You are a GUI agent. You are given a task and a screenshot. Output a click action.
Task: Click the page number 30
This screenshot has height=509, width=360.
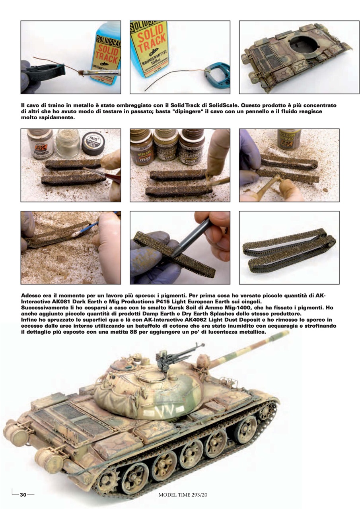[x=23, y=495]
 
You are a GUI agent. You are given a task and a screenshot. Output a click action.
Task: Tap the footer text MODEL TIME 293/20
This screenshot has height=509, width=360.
[x=183, y=495]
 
